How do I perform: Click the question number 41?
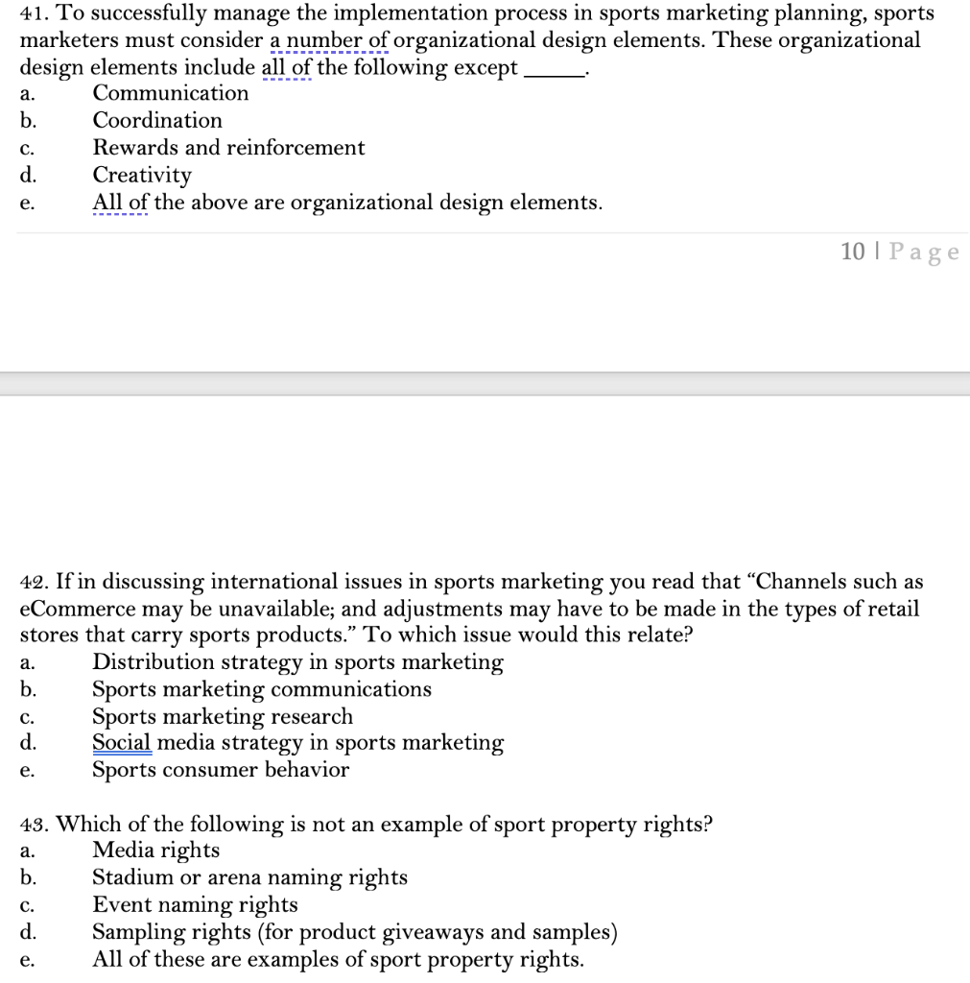pos(35,14)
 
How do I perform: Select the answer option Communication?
pos(170,93)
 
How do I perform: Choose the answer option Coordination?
pos(157,120)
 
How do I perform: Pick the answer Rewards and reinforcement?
pos(228,148)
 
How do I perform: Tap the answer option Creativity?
pos(142,175)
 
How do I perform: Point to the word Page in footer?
pos(924,252)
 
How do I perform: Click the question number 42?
pos(35,582)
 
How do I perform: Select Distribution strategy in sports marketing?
pos(297,662)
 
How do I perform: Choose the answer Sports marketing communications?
pos(262,689)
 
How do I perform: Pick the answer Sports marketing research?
pos(223,716)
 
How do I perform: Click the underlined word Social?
pos(122,743)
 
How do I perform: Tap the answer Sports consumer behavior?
pos(221,770)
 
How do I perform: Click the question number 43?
pos(35,825)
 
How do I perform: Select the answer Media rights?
pos(155,851)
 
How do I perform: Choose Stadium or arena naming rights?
pos(249,877)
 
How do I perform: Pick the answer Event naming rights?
pos(195,904)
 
